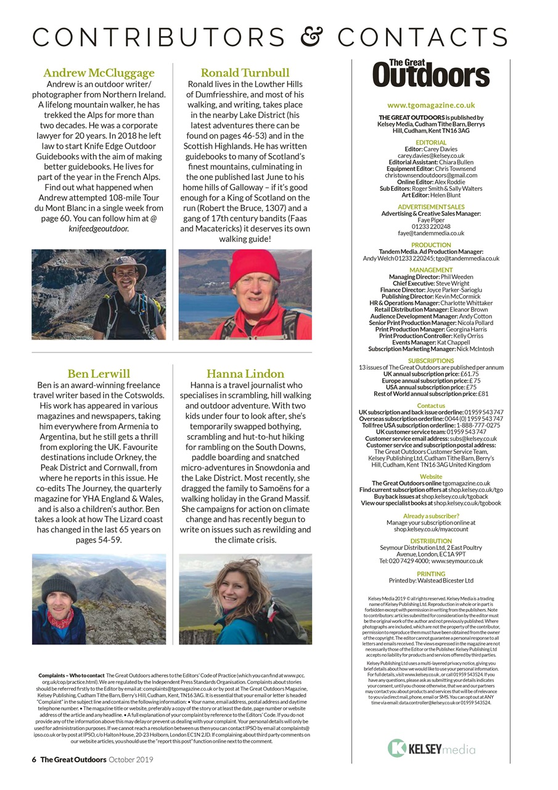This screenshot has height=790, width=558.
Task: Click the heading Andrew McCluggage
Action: [99, 73]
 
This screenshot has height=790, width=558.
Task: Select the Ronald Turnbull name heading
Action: [245, 73]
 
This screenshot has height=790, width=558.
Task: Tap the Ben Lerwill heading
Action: [99, 373]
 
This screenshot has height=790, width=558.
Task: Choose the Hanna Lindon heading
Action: [245, 373]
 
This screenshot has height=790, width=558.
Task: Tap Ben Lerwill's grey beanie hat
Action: [59, 587]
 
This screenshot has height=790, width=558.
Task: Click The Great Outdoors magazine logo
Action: [431, 73]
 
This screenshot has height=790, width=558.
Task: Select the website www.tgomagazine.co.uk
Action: [431, 106]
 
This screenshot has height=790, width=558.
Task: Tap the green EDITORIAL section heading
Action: [431, 143]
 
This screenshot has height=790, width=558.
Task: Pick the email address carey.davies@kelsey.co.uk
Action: [431, 156]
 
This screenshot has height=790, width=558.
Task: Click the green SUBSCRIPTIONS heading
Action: [431, 360]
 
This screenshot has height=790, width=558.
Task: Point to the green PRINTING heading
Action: [431, 574]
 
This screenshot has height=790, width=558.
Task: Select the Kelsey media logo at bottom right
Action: [431, 749]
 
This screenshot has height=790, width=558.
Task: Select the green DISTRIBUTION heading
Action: [431, 541]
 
